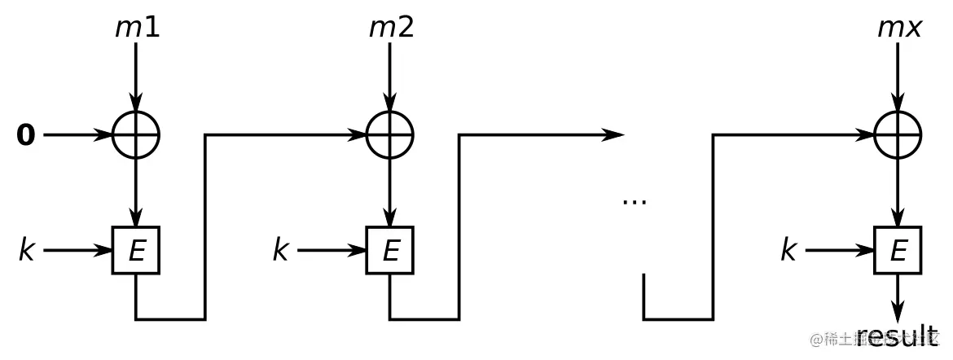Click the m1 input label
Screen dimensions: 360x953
click(137, 27)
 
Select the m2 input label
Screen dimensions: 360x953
click(391, 27)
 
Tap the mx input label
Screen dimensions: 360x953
click(899, 27)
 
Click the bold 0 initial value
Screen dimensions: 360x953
click(26, 135)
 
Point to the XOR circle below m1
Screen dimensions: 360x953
click(136, 135)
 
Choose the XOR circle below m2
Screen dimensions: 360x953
click(390, 135)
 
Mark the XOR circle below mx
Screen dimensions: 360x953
click(898, 135)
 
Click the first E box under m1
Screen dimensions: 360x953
click(136, 250)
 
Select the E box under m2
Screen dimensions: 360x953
click(390, 250)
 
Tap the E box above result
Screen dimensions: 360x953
click(898, 250)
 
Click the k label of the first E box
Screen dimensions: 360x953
click(27, 250)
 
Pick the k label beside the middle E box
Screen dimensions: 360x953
click(281, 250)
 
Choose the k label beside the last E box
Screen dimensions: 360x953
click(788, 250)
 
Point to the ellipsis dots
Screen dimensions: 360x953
click(634, 200)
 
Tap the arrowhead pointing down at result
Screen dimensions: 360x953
click(898, 313)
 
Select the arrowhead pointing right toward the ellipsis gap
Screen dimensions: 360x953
click(613, 135)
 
